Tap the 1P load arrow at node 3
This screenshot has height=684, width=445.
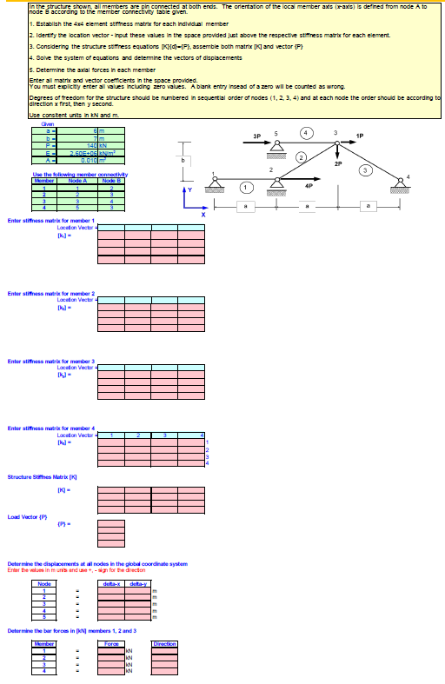coord(350,144)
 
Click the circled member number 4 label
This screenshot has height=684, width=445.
coord(306,132)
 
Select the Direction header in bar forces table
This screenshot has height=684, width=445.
coord(164,643)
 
